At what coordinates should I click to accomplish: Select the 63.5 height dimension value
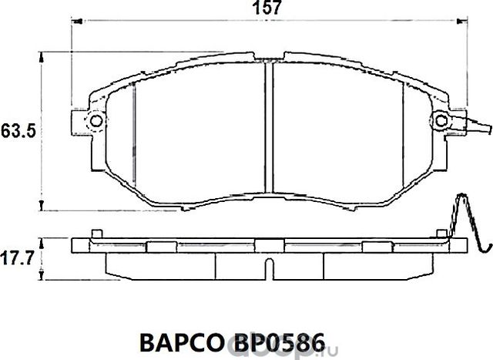(x=15, y=132)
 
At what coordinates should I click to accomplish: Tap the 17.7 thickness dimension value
(x=15, y=257)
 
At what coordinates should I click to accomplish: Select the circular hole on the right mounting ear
(x=441, y=121)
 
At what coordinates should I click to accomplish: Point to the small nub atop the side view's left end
(x=95, y=233)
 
